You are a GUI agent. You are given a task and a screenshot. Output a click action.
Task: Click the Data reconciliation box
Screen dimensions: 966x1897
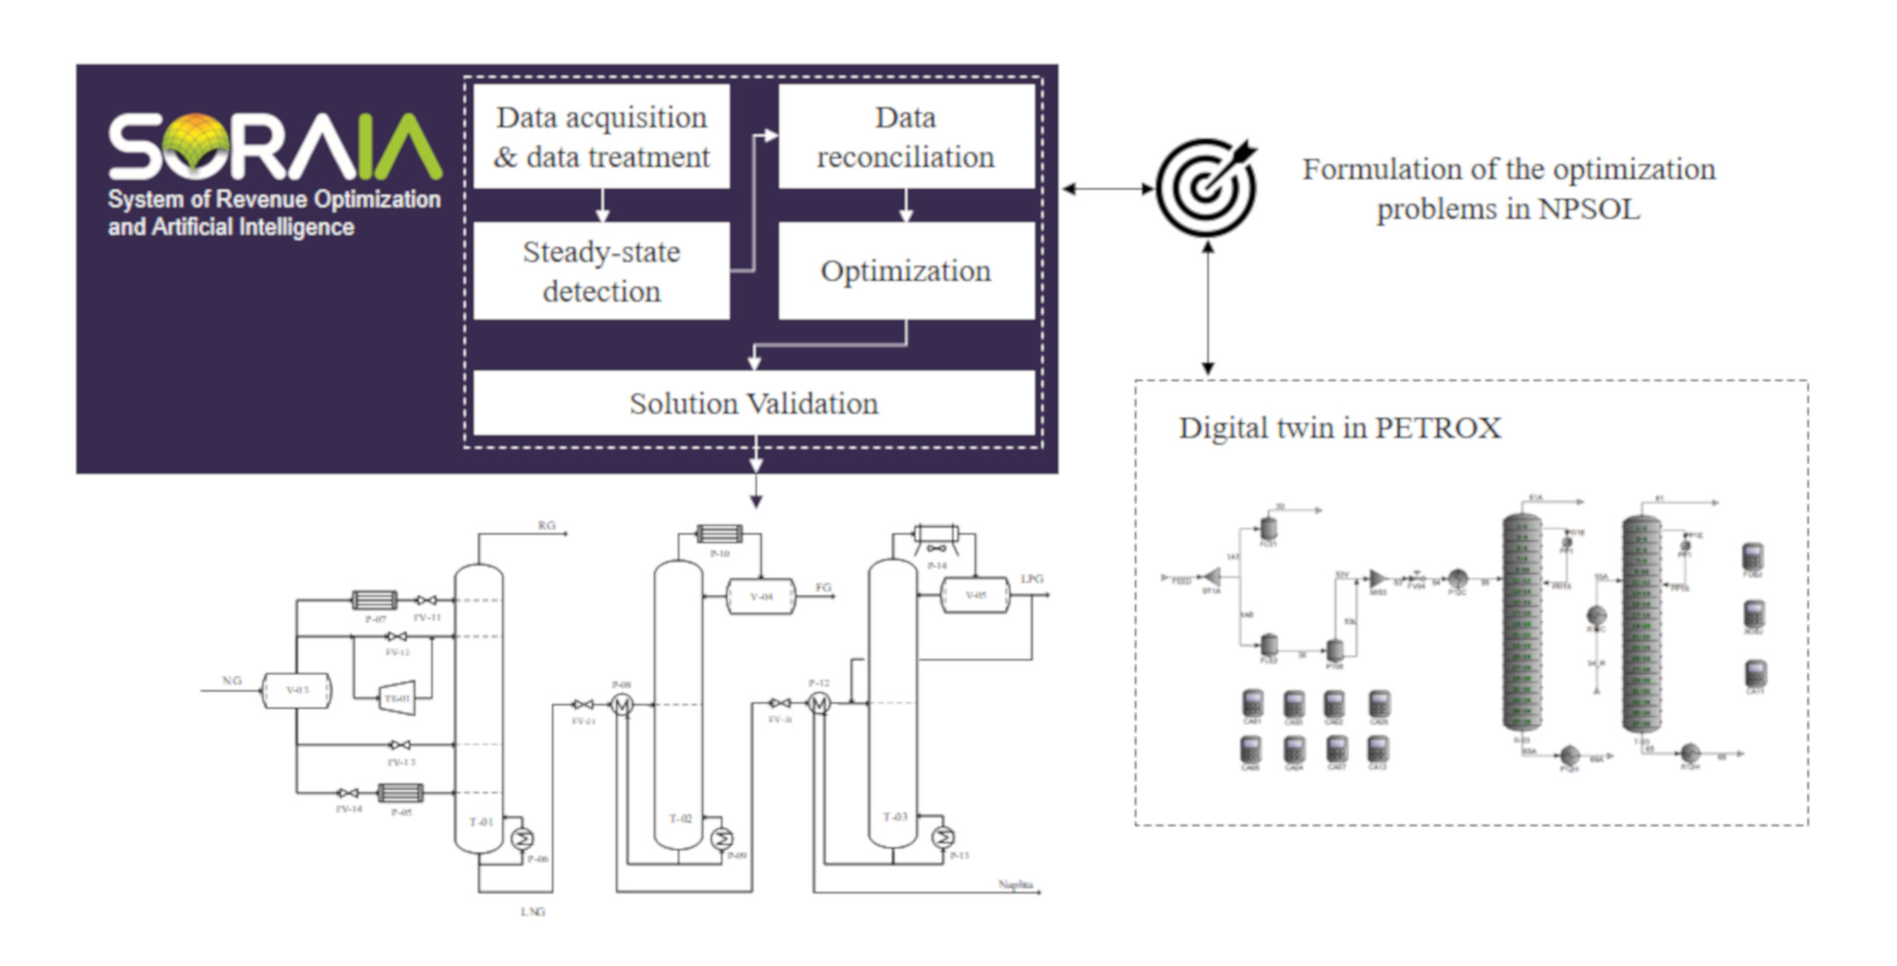pos(906,136)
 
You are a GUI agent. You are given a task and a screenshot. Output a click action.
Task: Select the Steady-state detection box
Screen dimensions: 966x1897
pos(601,270)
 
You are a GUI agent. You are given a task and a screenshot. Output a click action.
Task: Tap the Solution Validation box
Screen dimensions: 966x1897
pos(753,403)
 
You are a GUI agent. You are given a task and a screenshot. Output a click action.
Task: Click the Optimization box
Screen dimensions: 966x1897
pos(906,270)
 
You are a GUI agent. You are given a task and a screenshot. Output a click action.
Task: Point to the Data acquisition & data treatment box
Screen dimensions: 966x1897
pos(601,136)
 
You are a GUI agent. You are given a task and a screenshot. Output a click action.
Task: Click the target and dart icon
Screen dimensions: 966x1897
pos(1206,187)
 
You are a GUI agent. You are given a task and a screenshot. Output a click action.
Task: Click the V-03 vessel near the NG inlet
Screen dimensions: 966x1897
pos(297,691)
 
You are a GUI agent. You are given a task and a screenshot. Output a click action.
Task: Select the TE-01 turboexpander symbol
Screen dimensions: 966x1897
pos(398,698)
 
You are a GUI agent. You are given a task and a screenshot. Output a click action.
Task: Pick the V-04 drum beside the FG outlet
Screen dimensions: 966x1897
pos(760,597)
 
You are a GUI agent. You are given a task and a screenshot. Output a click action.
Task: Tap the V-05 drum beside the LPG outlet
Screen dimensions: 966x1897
pos(974,595)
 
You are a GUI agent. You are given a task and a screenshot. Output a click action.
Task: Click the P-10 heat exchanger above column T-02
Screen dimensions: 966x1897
pos(719,533)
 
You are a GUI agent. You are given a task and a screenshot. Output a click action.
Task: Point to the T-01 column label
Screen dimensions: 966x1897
pos(480,822)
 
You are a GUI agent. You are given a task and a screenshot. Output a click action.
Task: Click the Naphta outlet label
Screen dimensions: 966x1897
pos(1015,884)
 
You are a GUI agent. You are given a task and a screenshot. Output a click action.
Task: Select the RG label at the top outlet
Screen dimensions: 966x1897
pos(546,525)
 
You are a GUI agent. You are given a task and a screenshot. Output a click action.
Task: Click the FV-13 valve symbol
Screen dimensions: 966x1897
pos(400,745)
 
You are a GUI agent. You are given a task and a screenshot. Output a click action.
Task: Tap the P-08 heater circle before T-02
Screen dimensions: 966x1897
pos(622,704)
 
